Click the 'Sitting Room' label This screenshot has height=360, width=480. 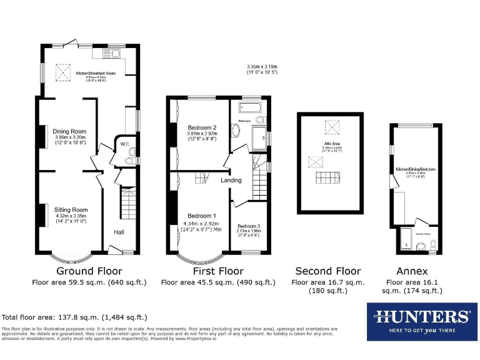coord(71,210)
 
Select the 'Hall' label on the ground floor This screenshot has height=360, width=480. coord(119,232)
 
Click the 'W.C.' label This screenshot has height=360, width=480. coord(124,146)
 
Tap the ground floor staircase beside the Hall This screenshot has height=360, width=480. coord(127,201)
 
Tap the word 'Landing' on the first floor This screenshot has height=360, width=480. coord(231,181)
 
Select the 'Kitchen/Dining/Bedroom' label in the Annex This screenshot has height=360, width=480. coord(415,169)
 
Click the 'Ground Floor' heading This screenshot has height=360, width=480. coord(89,271)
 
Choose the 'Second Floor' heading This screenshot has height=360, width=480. coord(328,271)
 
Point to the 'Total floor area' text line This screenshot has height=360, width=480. coord(75,317)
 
